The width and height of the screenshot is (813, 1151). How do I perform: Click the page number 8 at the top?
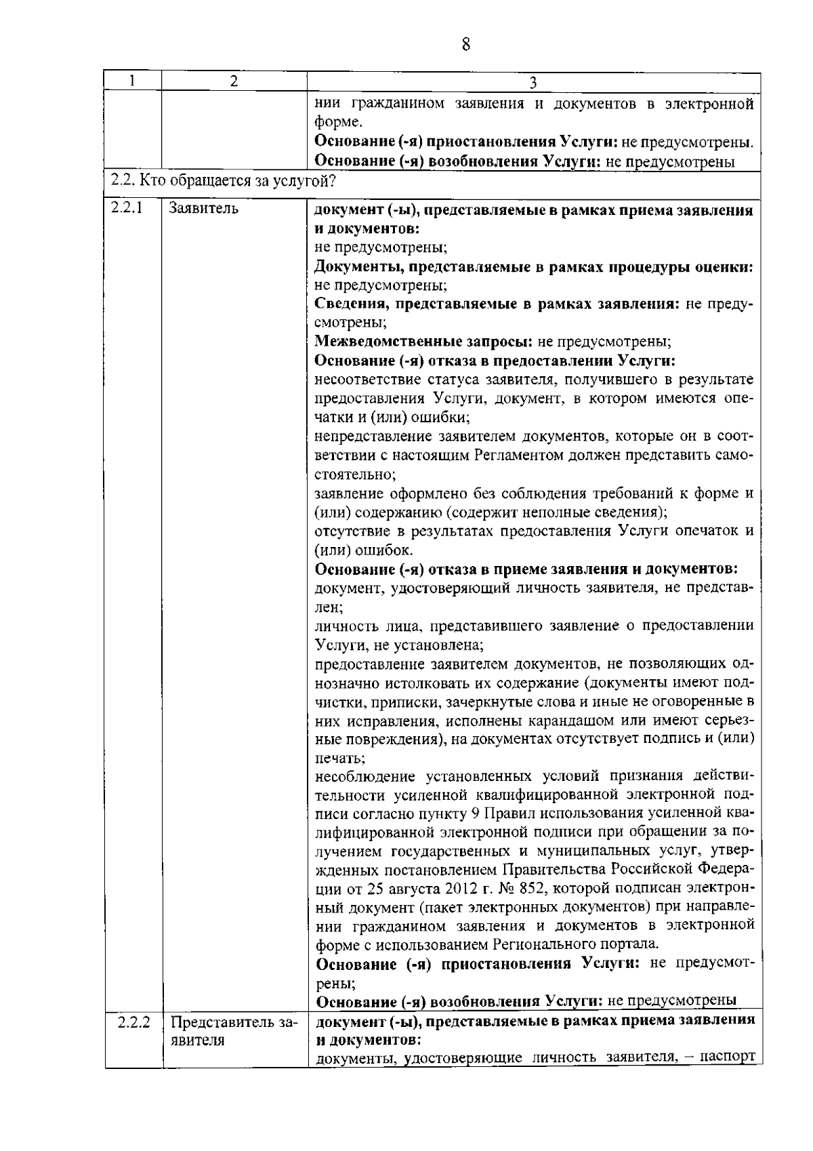coord(466,45)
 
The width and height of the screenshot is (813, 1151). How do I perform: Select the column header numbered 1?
coord(133,81)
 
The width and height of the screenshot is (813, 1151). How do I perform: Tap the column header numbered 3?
coord(533,82)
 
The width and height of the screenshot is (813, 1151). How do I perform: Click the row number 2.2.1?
coord(127,207)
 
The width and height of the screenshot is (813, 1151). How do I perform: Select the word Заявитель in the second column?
coord(203,208)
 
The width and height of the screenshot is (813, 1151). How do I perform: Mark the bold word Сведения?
coord(348,304)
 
